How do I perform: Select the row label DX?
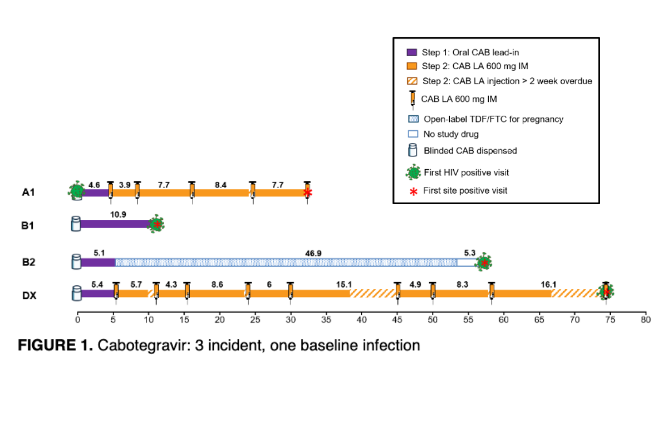[30, 295]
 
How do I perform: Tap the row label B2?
[30, 262]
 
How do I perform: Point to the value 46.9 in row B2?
[313, 253]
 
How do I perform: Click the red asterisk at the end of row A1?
[307, 193]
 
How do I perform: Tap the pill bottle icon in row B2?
[76, 262]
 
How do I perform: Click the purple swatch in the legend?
[412, 52]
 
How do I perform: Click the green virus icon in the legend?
[412, 172]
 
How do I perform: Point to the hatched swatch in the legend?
[412, 81]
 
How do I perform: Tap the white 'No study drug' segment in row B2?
[466, 262]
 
